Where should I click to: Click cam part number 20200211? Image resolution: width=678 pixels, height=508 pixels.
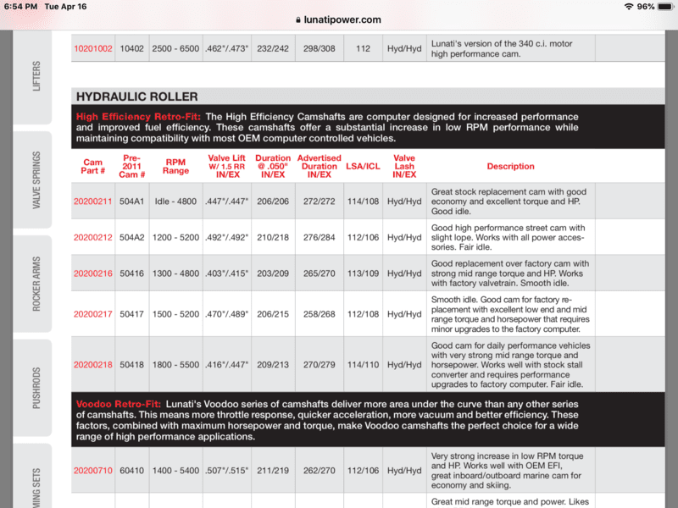click(x=92, y=202)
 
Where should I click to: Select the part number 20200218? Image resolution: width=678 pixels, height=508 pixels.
click(x=92, y=365)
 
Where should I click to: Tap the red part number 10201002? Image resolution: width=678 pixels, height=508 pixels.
click(x=92, y=49)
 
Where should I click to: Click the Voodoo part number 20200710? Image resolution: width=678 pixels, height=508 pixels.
click(x=92, y=470)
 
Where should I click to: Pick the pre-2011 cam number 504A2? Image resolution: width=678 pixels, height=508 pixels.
click(x=132, y=238)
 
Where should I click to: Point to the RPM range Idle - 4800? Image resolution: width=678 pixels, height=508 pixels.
click(x=175, y=202)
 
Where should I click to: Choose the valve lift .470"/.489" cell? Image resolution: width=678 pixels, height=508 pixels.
click(x=226, y=314)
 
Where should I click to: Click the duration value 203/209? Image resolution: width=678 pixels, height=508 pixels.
click(x=273, y=273)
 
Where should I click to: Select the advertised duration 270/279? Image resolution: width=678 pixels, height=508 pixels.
click(x=320, y=365)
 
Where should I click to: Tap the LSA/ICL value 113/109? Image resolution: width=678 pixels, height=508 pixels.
click(x=364, y=273)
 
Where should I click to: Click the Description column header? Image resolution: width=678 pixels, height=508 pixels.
click(x=510, y=167)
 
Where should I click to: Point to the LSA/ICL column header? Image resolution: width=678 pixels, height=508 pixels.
click(x=364, y=167)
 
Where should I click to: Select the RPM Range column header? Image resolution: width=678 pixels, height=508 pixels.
click(x=175, y=166)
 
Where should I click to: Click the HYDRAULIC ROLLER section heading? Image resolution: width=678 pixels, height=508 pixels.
click(x=137, y=97)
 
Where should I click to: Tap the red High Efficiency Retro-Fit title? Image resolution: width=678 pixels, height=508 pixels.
click(x=138, y=117)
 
